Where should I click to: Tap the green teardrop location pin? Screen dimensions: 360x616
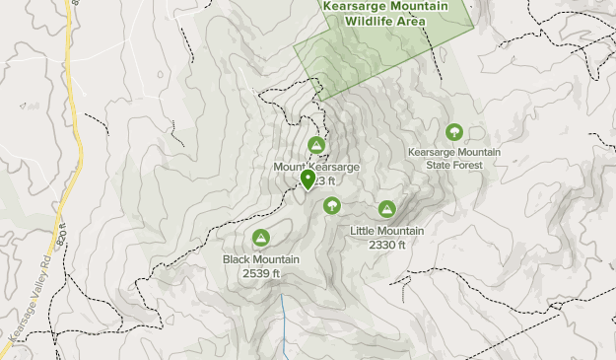pos(308,180)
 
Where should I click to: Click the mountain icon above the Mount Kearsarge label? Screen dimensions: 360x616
pos(316,146)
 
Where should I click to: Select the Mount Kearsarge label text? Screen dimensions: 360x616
pos(316,168)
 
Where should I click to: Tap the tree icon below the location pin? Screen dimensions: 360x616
pos(332,205)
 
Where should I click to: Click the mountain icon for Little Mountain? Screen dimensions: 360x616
pos(387,209)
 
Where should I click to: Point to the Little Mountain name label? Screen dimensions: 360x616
pos(387,231)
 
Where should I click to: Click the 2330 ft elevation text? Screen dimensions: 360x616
pos(387,245)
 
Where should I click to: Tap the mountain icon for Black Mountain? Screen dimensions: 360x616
pos(261,238)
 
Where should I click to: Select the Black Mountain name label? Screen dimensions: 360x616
pos(261,259)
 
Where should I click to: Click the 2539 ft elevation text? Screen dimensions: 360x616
pos(261,273)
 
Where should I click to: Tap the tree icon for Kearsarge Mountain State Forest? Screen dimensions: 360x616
pos(454,131)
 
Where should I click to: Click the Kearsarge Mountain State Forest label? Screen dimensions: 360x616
pos(454,159)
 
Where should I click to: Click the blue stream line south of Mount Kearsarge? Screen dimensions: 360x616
pos(285,325)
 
